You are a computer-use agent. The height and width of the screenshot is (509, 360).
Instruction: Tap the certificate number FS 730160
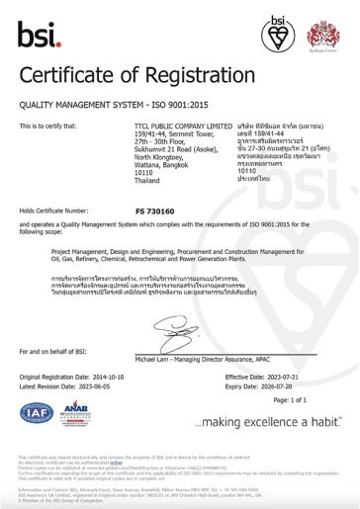tap(153, 211)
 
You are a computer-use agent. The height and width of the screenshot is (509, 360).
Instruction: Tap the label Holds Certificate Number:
tap(56, 211)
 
